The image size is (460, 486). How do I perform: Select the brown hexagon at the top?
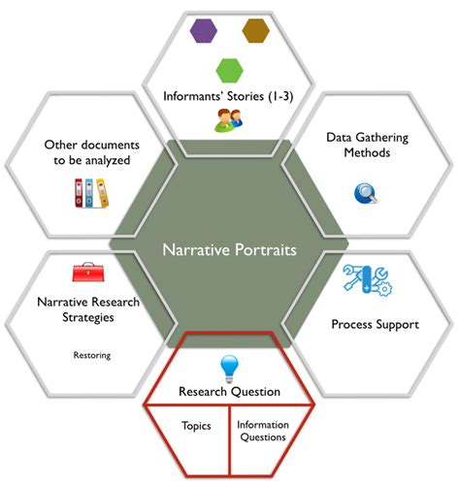pyautogui.click(x=256, y=29)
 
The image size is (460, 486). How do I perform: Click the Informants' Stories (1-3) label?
pyautogui.click(x=229, y=95)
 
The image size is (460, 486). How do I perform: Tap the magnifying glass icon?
pyautogui.click(x=366, y=194)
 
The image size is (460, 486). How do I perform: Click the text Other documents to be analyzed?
pyautogui.click(x=88, y=152)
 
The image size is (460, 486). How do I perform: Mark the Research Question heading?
pyautogui.click(x=229, y=391)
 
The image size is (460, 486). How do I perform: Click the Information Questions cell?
pyautogui.click(x=261, y=431)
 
